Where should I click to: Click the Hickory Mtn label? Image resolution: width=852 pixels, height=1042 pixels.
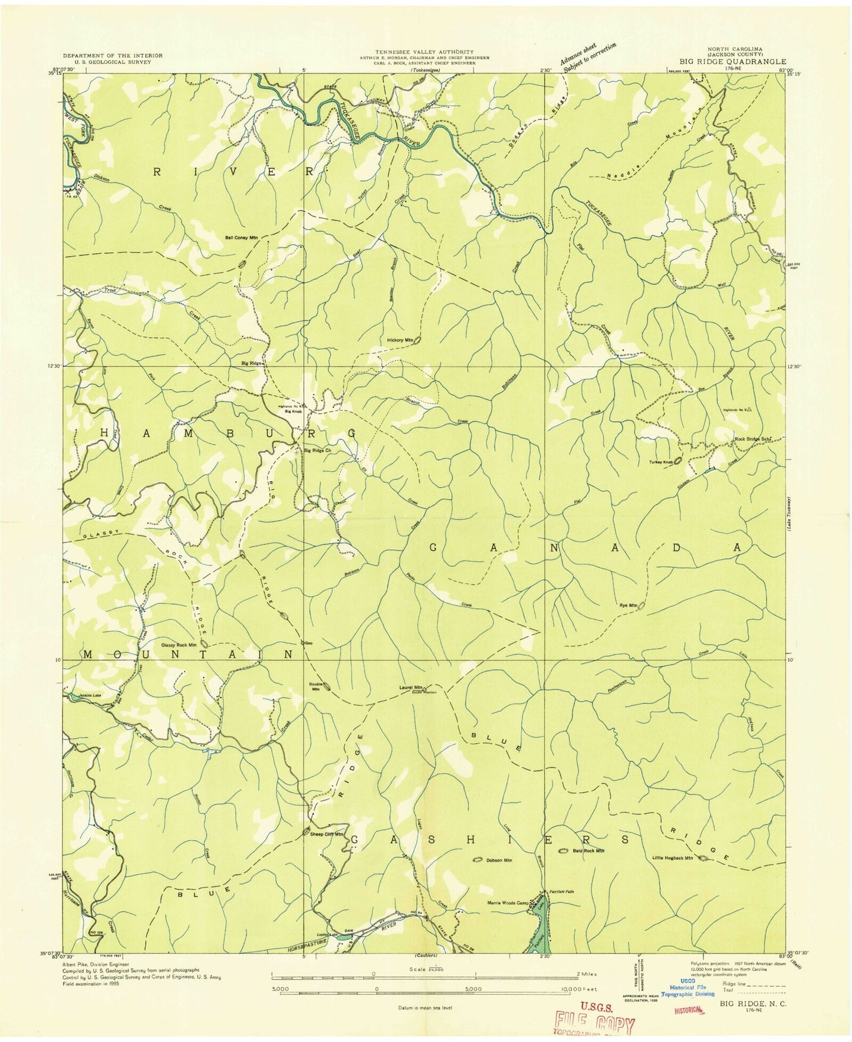[400, 340]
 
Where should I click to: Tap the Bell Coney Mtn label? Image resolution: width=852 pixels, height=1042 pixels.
[241, 238]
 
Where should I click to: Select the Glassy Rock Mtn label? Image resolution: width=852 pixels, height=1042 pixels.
[179, 645]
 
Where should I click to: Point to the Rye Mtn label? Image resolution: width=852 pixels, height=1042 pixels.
[628, 606]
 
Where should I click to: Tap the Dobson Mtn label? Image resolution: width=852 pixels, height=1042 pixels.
[498, 860]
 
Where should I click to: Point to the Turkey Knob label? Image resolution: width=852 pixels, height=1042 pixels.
[660, 462]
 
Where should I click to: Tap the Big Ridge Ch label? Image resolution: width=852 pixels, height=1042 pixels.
[318, 451]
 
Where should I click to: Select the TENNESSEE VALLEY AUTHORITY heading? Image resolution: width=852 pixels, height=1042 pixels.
[424, 52]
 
